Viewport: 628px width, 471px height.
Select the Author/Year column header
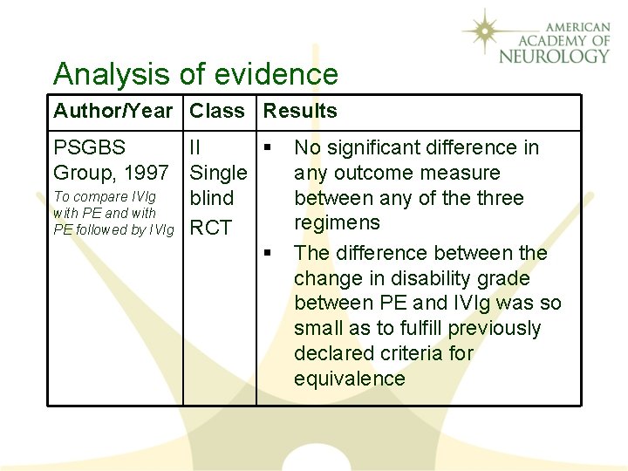(x=113, y=111)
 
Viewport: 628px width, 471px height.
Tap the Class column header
(x=217, y=111)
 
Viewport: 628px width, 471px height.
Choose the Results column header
(x=300, y=111)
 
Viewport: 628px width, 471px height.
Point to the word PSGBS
(x=90, y=148)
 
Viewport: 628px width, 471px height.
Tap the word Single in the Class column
(x=218, y=173)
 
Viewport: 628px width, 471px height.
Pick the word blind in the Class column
(x=212, y=198)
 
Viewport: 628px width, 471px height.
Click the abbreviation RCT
(x=211, y=229)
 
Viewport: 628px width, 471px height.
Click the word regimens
(x=337, y=223)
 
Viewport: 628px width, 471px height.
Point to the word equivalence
(x=350, y=379)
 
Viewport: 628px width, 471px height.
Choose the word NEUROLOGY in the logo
(x=555, y=56)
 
